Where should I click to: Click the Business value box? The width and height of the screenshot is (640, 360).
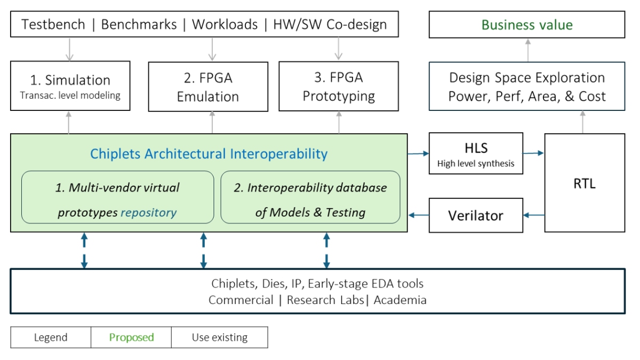click(527, 25)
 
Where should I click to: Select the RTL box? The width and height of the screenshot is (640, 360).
click(585, 183)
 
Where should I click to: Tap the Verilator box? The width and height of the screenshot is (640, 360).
click(476, 215)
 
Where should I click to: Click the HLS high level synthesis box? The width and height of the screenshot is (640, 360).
click(476, 154)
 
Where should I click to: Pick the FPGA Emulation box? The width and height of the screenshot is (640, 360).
click(208, 86)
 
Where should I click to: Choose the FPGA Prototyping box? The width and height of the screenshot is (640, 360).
click(339, 86)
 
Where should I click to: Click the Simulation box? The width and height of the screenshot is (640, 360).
click(70, 86)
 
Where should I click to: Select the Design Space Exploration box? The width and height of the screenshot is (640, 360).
click(527, 86)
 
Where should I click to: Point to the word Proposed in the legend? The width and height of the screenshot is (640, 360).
click(131, 338)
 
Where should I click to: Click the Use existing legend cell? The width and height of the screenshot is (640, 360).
click(220, 338)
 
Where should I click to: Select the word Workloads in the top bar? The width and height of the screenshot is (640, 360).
click(225, 25)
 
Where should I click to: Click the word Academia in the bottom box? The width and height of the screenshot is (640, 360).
click(400, 300)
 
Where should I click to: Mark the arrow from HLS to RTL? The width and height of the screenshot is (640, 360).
click(533, 153)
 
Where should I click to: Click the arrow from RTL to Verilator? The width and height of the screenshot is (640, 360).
click(533, 215)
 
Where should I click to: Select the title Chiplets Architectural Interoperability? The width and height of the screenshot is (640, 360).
click(209, 154)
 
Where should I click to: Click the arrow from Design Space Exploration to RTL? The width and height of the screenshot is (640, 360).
click(582, 122)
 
